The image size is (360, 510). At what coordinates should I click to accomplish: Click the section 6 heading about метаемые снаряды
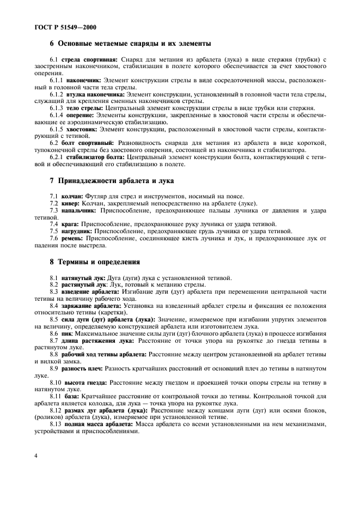click(x=130, y=44)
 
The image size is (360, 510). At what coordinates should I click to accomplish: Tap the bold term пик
click(x=68, y=333)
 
